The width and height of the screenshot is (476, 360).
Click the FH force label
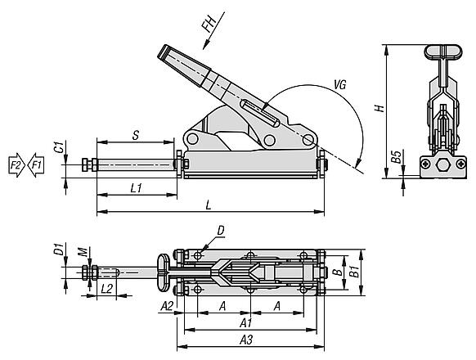209,24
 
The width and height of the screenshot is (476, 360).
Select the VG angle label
340,85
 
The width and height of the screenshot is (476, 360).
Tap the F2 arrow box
16,165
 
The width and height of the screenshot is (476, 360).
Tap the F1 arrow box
36,165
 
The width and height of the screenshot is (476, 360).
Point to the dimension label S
136,135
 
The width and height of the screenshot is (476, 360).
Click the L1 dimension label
137,188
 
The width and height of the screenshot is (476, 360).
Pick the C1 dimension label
61,146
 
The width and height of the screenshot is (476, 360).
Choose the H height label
379,108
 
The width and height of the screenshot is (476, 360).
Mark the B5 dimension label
396,156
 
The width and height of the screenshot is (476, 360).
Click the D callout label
221,231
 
